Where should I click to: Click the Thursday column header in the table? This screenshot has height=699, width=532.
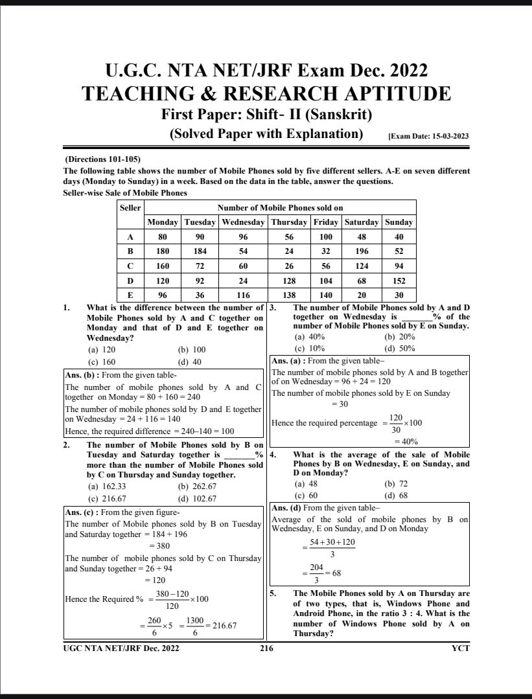[289, 222]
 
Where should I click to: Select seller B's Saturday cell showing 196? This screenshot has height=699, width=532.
[362, 251]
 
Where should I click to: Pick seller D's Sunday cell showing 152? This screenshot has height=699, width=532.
[399, 281]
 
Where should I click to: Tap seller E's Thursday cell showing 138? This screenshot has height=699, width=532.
[289, 295]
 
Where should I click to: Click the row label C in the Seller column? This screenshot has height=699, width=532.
[130, 266]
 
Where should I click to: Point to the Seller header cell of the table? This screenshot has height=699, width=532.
[130, 207]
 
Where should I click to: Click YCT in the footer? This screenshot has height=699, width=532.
[461, 648]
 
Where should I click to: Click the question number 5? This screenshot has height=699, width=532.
[273, 593]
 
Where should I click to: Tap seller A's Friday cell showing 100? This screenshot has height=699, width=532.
[325, 237]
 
